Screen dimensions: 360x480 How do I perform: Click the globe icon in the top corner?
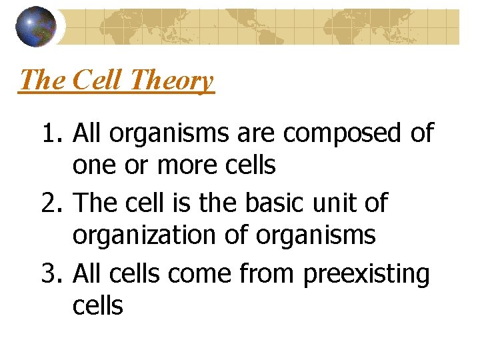coord(37,26)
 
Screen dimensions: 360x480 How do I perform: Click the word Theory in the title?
coord(172,81)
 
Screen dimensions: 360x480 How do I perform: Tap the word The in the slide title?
coord(43,81)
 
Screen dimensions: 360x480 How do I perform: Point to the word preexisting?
coord(366,273)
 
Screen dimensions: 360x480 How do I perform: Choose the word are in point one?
coord(257,133)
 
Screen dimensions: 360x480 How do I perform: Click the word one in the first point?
coord(93,165)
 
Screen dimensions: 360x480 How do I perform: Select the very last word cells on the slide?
coord(98,305)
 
